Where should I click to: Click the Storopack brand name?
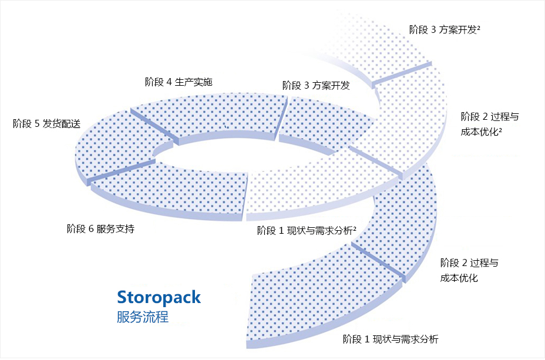[159, 297]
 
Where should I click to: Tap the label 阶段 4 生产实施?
[178, 82]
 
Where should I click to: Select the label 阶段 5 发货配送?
[46, 123]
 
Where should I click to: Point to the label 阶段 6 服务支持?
[100, 229]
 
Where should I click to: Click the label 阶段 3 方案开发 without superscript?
[316, 86]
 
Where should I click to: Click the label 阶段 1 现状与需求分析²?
[308, 231]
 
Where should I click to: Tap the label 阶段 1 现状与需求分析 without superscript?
[391, 339]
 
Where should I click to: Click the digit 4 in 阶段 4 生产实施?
[169, 82]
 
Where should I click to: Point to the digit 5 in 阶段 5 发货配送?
[37, 123]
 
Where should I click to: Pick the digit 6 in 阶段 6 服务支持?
[91, 229]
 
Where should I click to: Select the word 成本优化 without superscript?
[459, 278]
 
